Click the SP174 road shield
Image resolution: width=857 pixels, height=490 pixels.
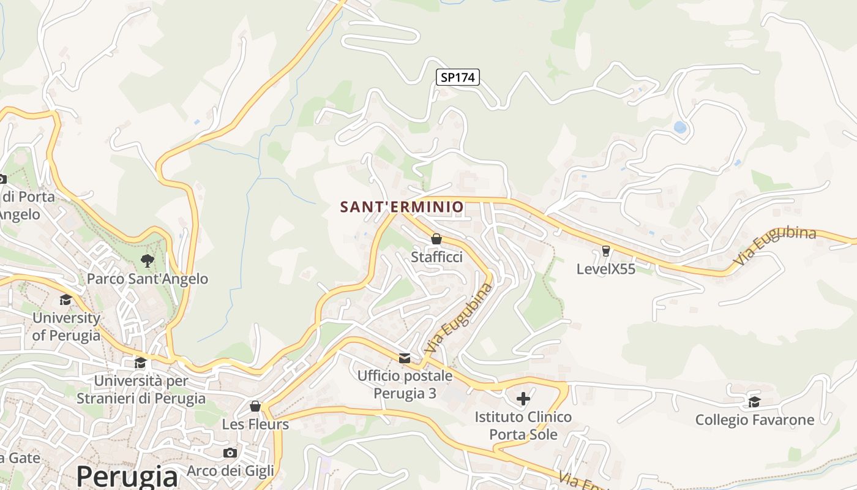(458, 77)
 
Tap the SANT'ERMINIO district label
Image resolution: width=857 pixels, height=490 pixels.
(402, 207)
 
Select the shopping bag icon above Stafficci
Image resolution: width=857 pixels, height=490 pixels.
(436, 238)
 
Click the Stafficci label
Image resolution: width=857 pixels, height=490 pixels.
(436, 257)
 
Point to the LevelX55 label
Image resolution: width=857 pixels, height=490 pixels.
(606, 269)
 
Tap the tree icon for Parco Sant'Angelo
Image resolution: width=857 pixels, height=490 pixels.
(147, 261)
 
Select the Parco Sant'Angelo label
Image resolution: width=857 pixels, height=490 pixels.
(147, 279)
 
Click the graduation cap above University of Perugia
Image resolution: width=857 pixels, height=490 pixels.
(65, 300)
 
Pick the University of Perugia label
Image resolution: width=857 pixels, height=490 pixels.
(66, 326)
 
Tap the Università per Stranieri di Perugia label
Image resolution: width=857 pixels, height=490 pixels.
(141, 390)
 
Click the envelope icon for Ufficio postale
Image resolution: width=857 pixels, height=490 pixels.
(405, 358)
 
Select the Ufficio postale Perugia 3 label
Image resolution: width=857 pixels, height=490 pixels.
(405, 384)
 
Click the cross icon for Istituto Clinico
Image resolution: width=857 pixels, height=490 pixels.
(523, 399)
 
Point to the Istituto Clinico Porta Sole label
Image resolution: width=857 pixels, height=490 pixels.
(523, 426)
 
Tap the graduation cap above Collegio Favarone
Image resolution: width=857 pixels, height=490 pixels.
(754, 402)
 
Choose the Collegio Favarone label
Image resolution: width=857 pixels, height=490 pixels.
(754, 420)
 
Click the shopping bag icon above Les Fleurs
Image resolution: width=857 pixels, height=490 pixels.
(255, 406)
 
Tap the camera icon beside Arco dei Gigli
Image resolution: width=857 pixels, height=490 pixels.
(230, 453)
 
